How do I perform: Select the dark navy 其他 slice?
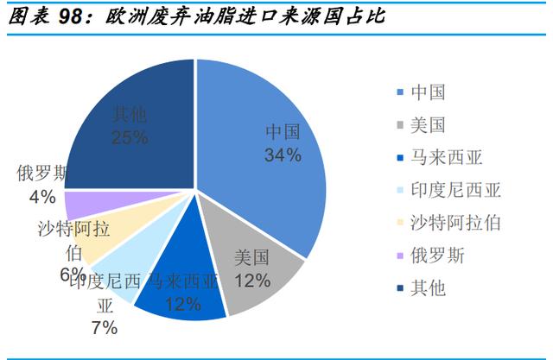coord(130,121)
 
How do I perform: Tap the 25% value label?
coord(130,137)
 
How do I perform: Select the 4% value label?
coord(41,197)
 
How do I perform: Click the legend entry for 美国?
coord(429,125)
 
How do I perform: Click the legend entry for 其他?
coord(429,287)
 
